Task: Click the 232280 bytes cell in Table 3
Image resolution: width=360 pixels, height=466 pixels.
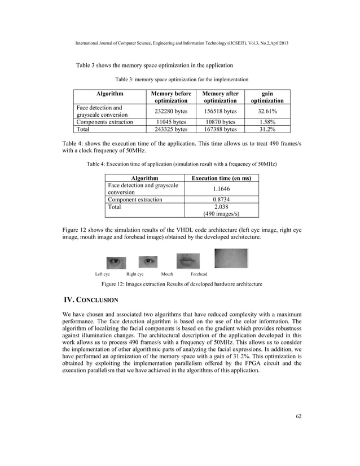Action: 168,112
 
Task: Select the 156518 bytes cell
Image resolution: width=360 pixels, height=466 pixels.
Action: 220,112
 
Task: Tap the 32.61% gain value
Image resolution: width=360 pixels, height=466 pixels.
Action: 267,112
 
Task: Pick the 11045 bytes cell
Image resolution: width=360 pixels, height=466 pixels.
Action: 168,122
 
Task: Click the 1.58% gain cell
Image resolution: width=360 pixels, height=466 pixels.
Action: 267,122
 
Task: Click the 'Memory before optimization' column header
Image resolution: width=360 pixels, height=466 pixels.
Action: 168,96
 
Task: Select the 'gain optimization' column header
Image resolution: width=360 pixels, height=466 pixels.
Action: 267,96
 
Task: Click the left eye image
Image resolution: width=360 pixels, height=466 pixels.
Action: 115,261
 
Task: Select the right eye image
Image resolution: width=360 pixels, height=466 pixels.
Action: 148,261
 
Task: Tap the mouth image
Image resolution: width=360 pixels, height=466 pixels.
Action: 187,260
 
